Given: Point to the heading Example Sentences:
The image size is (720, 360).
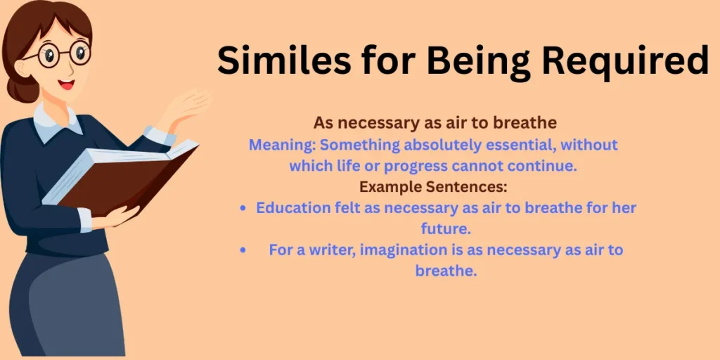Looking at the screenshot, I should coord(433,188).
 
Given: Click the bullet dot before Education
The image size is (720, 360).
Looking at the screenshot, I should coord(243,209).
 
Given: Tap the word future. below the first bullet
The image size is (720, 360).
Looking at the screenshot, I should coord(445,229).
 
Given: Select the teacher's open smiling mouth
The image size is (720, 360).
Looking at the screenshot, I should coord(66,84).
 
